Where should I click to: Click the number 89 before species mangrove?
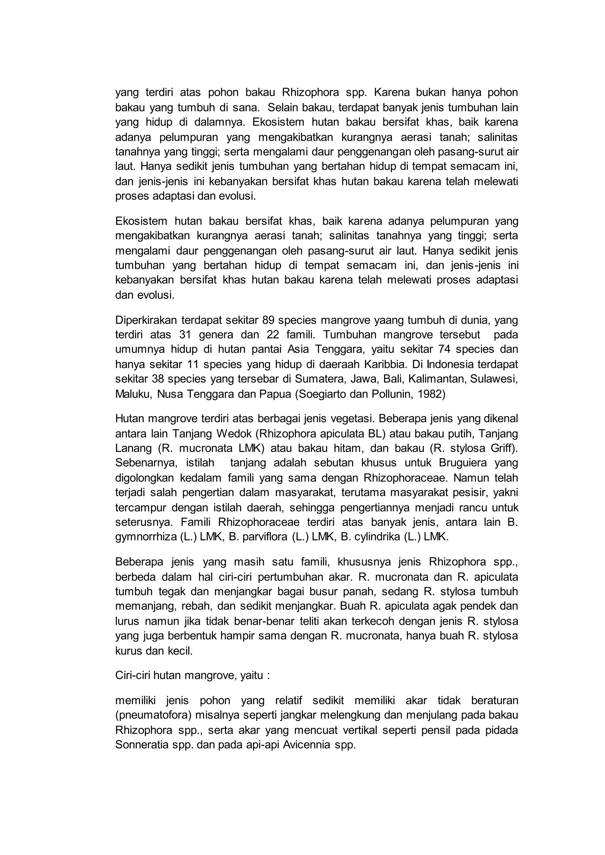[x=268, y=320]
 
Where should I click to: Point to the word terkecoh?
[x=376, y=621]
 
